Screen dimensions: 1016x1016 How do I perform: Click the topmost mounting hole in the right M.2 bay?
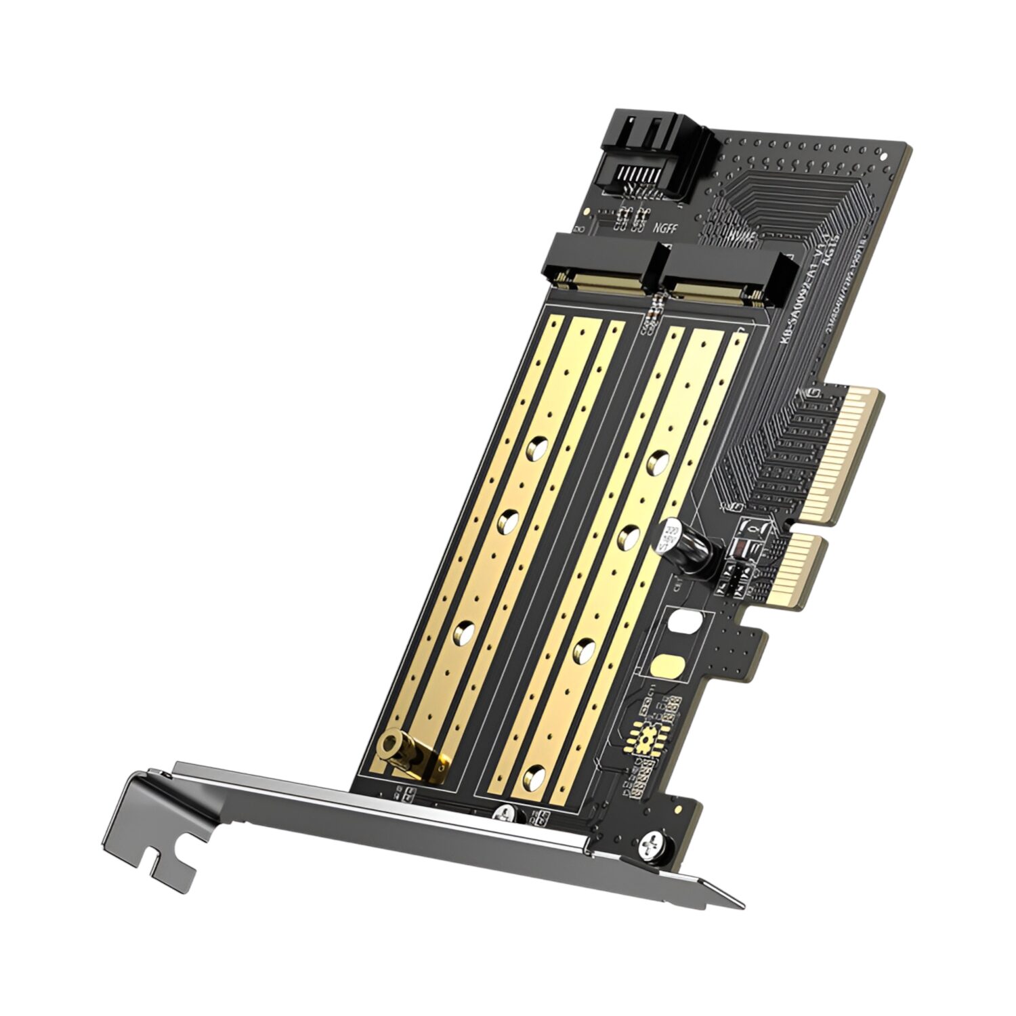pyautogui.click(x=656, y=461)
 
